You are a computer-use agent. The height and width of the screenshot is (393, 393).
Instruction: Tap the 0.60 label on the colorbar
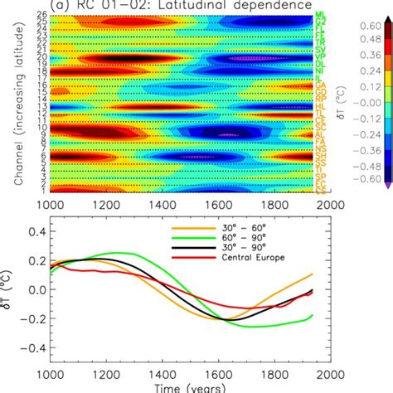(x=369, y=26)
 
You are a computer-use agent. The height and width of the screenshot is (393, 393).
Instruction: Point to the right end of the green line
(x=314, y=315)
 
